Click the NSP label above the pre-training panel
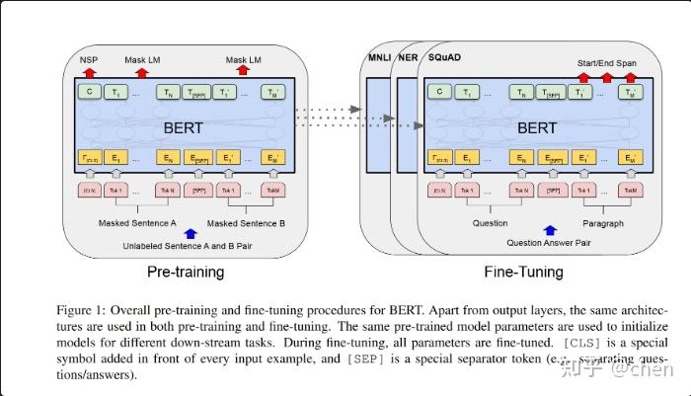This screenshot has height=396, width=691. (89, 60)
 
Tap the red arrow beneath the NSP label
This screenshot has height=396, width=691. (89, 72)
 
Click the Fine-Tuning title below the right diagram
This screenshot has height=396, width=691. (523, 271)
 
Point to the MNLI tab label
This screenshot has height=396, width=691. (379, 56)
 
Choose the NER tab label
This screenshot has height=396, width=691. (408, 56)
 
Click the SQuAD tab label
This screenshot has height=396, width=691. (444, 56)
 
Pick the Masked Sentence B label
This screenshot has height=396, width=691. (247, 223)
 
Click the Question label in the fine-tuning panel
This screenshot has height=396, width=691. (491, 223)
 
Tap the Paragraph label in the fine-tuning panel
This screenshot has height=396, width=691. (602, 223)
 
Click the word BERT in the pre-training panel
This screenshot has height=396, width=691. (184, 127)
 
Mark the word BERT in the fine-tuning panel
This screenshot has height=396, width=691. (537, 127)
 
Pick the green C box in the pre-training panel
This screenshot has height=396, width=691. (89, 93)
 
